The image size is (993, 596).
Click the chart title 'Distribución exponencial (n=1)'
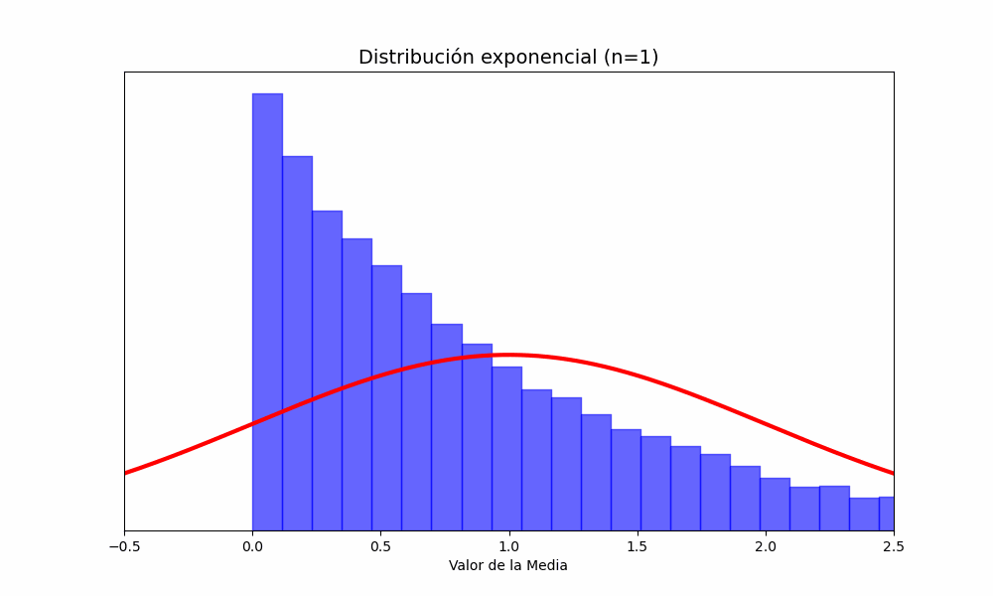point(508,58)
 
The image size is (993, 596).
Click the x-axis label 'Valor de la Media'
point(508,566)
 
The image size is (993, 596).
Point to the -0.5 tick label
point(124,545)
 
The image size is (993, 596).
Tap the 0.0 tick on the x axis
point(252,545)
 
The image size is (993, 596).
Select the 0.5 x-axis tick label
point(380,545)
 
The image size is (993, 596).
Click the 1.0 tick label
point(508,545)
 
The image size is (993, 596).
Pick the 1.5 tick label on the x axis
point(637,545)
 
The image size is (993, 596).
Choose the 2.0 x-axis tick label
point(766,545)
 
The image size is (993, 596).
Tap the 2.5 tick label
point(894,545)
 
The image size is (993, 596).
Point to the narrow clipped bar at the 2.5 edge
point(887,514)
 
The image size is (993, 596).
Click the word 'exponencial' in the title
point(532,58)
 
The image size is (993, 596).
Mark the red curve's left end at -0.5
point(126,472)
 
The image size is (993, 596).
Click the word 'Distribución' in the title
point(415,58)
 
